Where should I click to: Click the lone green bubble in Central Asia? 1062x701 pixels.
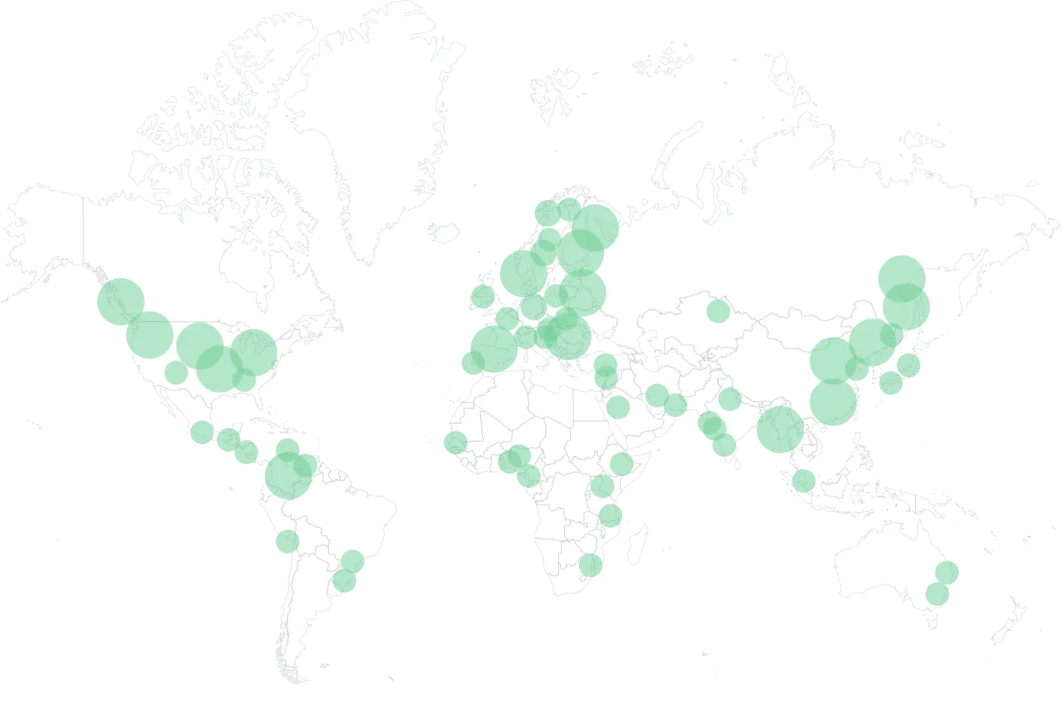[x=716, y=311]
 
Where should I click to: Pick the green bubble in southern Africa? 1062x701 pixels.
[x=590, y=566]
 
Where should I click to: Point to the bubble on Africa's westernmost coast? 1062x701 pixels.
[x=455, y=443]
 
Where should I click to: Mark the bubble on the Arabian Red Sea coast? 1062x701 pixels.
[x=618, y=406]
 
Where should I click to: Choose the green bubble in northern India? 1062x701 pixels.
[x=729, y=399]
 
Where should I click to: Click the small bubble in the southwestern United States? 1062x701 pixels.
[x=175, y=371]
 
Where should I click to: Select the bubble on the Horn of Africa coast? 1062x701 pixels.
[x=622, y=463]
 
